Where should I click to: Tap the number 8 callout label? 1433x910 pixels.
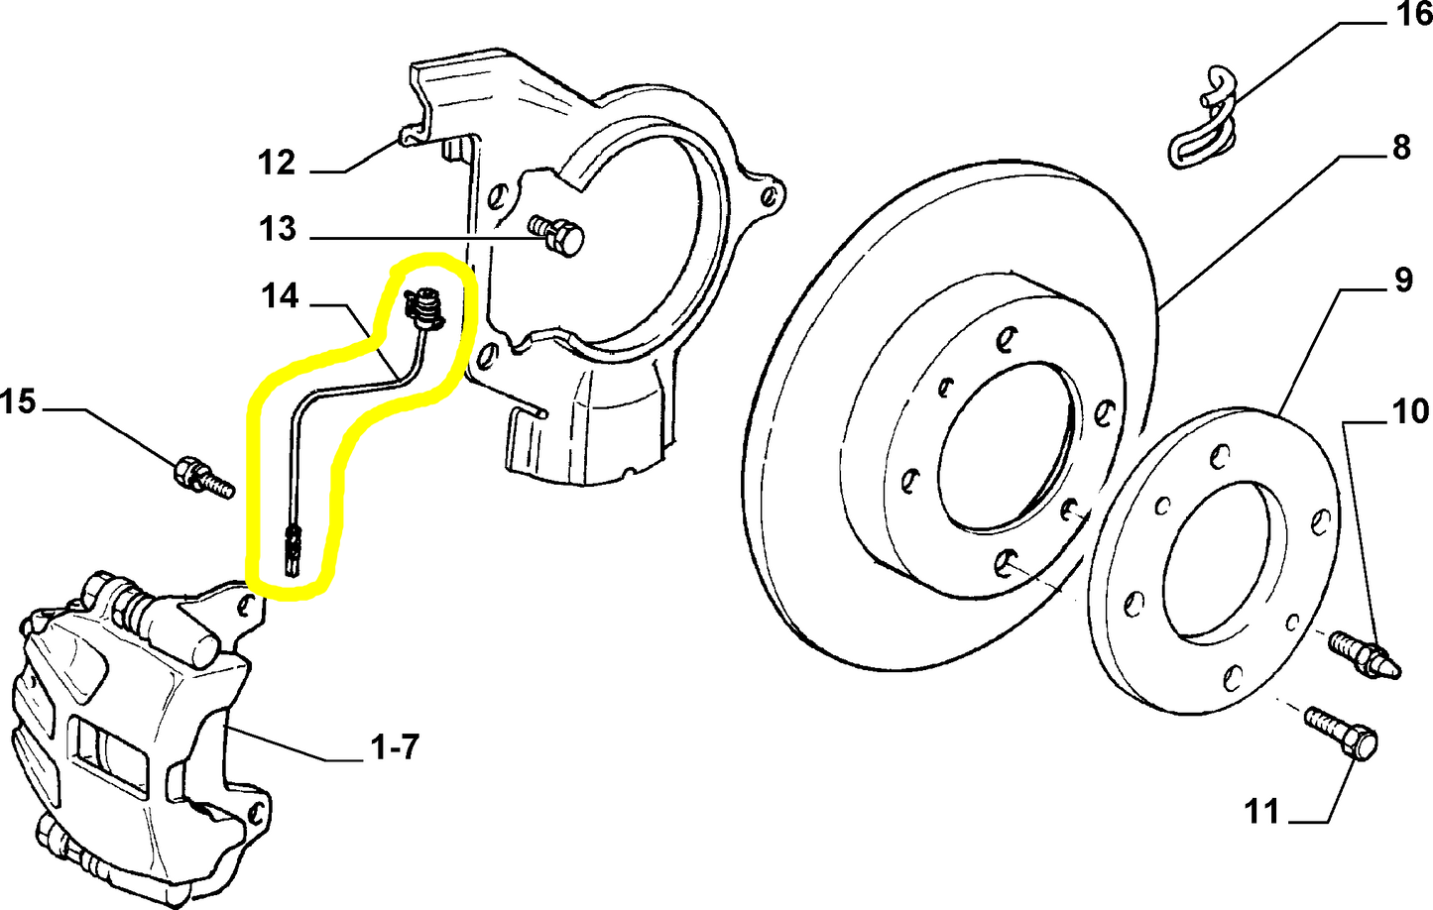(x=1400, y=148)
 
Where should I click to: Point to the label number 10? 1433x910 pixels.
(x=1410, y=410)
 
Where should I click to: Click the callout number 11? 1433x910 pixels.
(x=1262, y=812)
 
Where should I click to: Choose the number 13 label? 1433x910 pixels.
(x=278, y=229)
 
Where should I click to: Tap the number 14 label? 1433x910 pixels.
(x=280, y=295)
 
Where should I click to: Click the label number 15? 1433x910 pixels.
(x=18, y=401)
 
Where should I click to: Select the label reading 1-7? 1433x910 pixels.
(x=395, y=746)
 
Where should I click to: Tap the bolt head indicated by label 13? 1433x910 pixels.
(x=563, y=238)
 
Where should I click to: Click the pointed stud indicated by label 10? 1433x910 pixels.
(x=1365, y=654)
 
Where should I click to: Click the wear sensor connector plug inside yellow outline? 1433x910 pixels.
(x=425, y=308)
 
